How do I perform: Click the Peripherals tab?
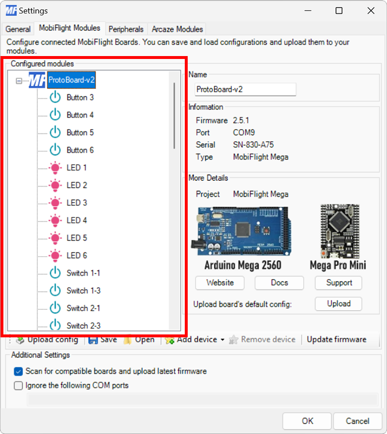tap(126, 29)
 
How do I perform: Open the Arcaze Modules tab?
tap(177, 29)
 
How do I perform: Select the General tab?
tap(18, 29)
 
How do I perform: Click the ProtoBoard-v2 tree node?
tap(71, 80)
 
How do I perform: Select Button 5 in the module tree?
tap(80, 132)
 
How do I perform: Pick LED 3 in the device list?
tap(76, 203)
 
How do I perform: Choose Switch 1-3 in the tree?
tap(83, 290)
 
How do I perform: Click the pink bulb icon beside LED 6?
tap(55, 255)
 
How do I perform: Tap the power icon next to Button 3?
tap(55, 98)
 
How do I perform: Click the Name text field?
tap(245, 89)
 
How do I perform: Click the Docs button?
tap(279, 283)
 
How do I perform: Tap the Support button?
tap(339, 283)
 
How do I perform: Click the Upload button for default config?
tap(339, 304)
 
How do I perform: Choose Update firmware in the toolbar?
tap(336, 339)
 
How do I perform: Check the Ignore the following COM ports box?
tap(18, 385)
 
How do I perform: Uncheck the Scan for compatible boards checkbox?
tap(18, 371)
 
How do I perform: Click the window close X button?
tap(371, 11)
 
